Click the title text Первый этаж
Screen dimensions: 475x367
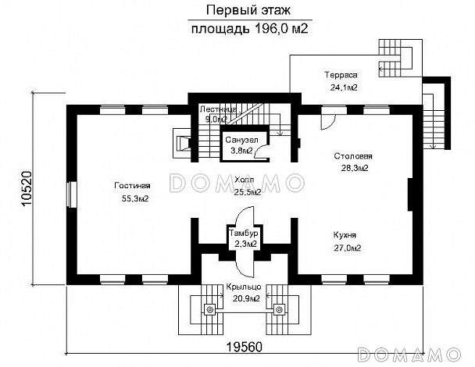pos(248,10)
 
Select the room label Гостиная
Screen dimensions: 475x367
pos(132,186)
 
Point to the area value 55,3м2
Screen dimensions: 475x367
pos(135,198)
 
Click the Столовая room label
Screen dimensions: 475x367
pos(353,156)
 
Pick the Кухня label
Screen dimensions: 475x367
pos(345,235)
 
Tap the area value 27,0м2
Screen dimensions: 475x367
pos(347,248)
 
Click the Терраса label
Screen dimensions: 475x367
pos(341,75)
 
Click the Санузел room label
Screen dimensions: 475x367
pos(241,140)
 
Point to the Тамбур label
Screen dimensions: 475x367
pos(244,233)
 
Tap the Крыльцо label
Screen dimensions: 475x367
pos(244,287)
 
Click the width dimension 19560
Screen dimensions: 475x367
pos(245,347)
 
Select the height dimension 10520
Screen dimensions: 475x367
pos(27,189)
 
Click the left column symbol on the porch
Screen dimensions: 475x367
pos(209,309)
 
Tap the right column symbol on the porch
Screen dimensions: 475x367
pos(279,309)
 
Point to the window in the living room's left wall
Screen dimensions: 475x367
pos(72,194)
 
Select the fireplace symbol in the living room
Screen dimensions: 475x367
pos(182,143)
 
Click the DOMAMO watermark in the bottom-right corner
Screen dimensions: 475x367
pos(409,355)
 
